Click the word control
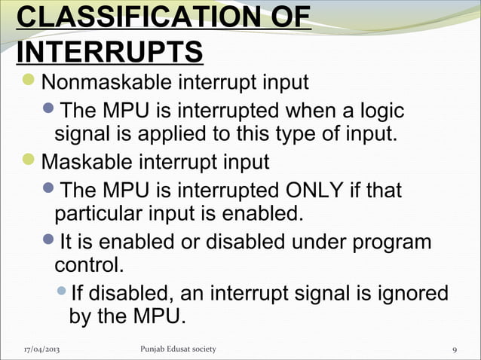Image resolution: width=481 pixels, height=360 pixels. (87, 266)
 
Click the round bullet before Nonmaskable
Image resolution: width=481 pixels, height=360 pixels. (28, 81)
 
